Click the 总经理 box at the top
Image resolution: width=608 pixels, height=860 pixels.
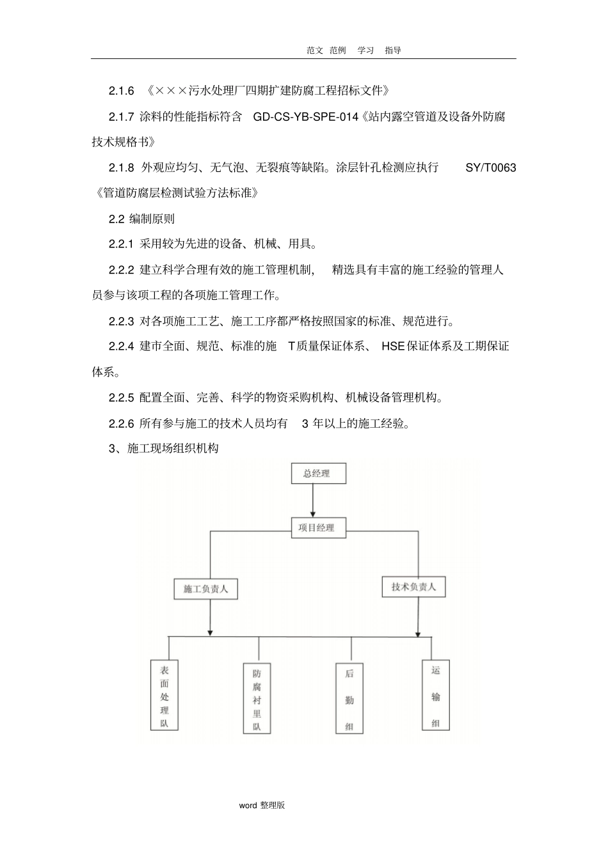tap(319, 474)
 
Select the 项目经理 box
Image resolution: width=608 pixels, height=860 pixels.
tap(316, 528)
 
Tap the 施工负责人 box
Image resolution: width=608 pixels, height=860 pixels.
tap(205, 589)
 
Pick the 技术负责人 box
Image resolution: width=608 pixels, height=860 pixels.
tap(413, 587)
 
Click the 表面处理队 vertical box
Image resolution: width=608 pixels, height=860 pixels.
tap(164, 695)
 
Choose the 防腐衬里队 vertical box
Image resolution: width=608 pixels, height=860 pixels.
tap(257, 699)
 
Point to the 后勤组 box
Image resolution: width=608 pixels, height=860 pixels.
tap(349, 698)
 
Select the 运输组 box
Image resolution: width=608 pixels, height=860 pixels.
tap(435, 695)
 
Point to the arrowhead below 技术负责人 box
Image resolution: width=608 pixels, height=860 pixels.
tap(418, 633)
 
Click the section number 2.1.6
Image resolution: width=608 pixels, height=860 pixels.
tap(121, 91)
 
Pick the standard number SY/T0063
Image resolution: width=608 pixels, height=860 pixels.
tap(490, 168)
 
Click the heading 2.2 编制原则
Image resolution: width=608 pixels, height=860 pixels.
tap(141, 219)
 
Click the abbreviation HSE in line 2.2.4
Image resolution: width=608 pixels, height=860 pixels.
tap(393, 347)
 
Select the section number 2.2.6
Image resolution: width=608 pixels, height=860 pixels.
tap(121, 423)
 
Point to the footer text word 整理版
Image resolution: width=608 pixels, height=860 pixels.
tap(262, 805)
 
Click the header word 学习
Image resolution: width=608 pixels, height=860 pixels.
tap(365, 50)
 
